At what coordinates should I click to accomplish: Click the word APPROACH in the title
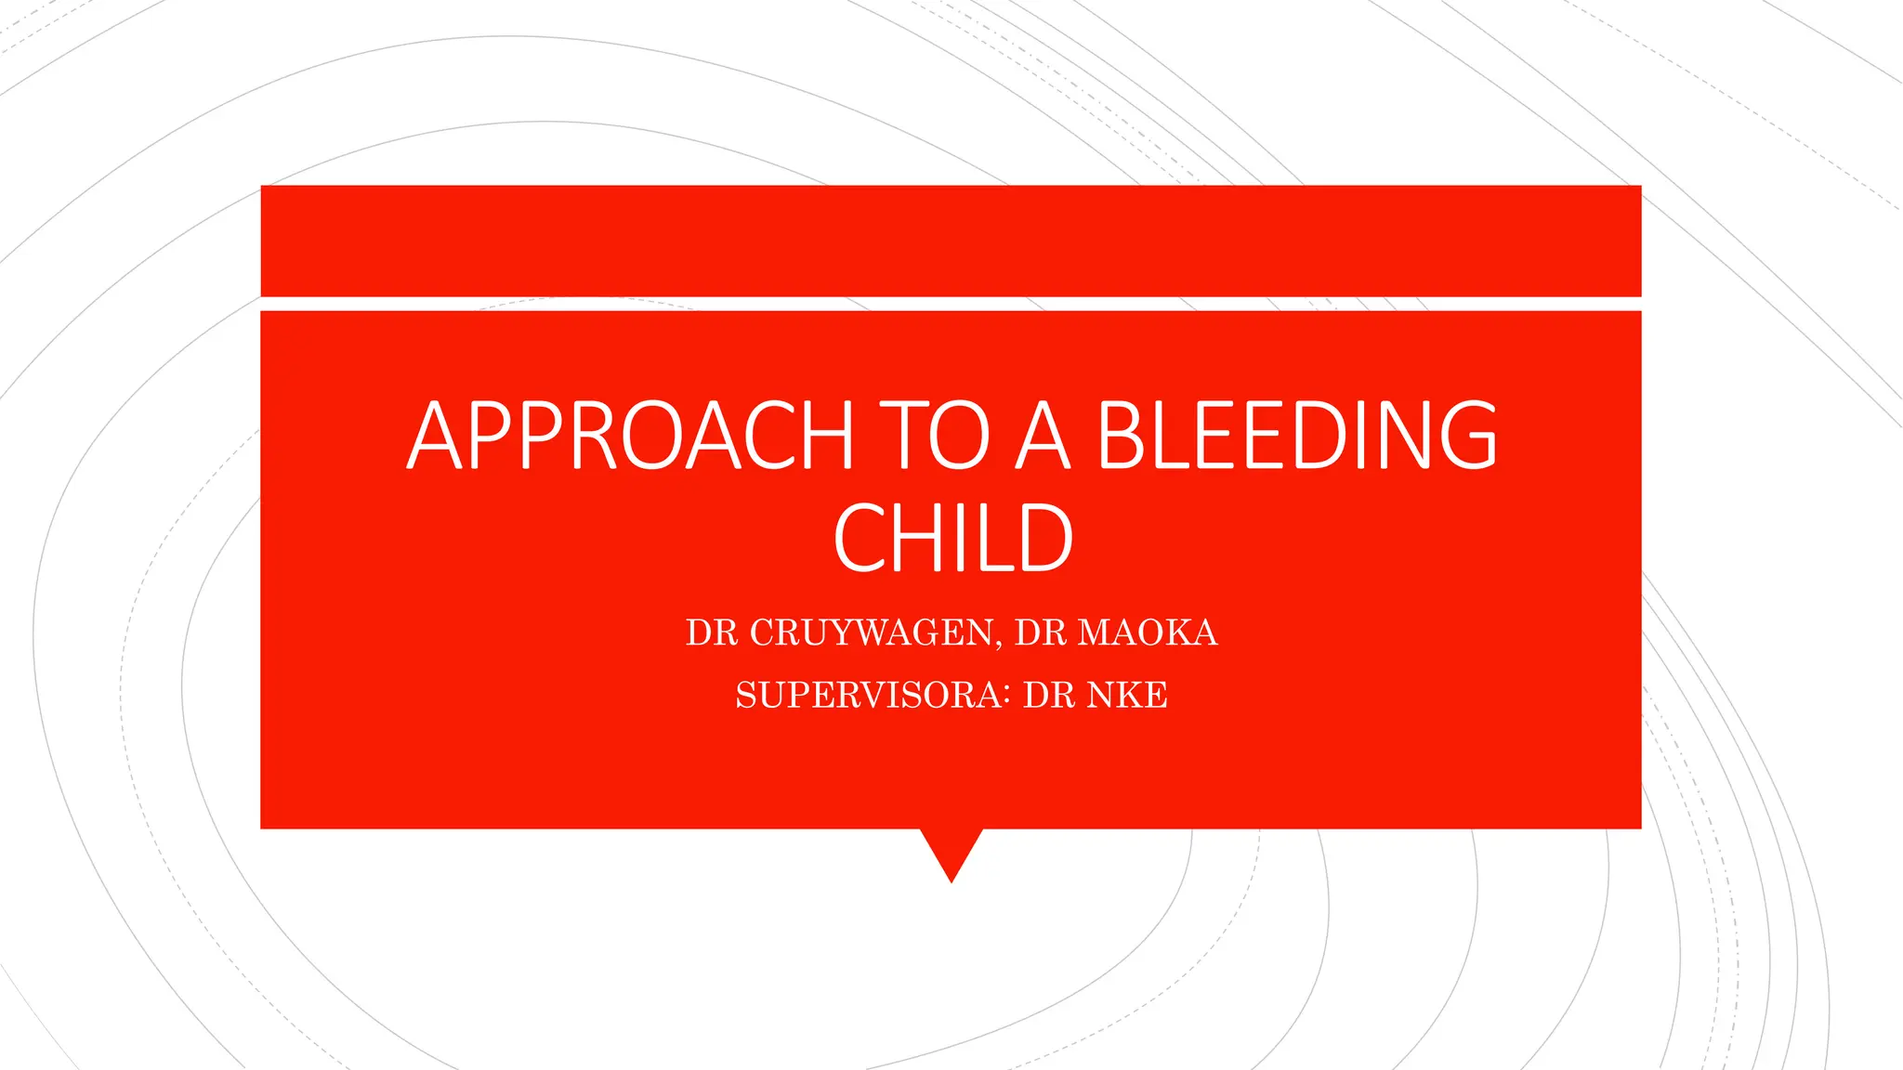630,436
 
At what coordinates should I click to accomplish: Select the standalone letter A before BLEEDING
1043,436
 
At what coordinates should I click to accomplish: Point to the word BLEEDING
1297,436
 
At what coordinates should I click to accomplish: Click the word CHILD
952,538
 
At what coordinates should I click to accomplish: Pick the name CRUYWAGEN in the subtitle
871,633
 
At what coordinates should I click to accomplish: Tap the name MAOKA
1147,633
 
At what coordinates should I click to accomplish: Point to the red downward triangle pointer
951,850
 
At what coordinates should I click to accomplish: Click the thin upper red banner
951,241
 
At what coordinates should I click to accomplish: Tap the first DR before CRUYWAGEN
711,633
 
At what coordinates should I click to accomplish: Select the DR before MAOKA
1040,633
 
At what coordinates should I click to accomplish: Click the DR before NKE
1048,695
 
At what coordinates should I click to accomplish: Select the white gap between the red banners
951,304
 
